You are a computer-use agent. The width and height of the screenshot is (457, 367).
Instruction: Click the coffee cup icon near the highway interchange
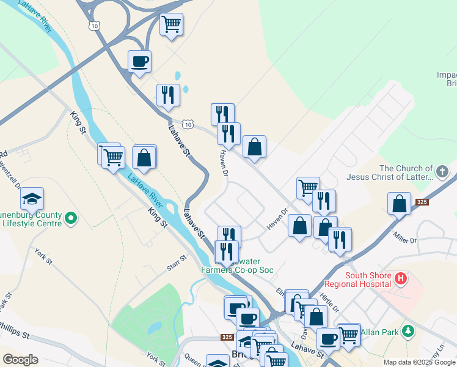point(139,61)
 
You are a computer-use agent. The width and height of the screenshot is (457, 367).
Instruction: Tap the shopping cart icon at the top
point(172,24)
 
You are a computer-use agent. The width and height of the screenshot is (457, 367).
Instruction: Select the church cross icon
point(444,171)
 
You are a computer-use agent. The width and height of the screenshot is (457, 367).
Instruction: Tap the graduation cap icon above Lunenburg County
point(32,199)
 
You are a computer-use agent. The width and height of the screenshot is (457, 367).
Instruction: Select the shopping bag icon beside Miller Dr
point(399,204)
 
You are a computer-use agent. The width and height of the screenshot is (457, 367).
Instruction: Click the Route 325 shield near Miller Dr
point(422,201)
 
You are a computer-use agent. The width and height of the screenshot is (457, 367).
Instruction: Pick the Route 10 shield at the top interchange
point(93,25)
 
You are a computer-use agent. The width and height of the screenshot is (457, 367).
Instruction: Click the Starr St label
point(176,264)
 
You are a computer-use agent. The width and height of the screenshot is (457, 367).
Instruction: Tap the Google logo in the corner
point(20,360)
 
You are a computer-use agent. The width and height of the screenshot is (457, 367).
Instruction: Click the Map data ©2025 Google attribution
point(419,362)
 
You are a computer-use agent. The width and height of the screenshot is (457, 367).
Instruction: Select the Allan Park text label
point(379,332)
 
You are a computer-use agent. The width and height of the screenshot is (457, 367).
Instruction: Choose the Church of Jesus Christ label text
point(401,172)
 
